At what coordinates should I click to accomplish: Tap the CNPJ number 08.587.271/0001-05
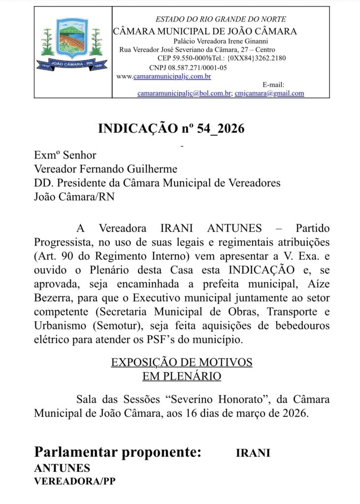[196, 67]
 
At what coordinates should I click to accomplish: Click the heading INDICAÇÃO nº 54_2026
[171, 129]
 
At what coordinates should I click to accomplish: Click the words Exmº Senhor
[65, 155]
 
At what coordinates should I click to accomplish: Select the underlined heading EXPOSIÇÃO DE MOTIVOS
[182, 362]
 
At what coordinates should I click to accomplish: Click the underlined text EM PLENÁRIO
[182, 377]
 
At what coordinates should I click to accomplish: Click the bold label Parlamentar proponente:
[118, 452]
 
